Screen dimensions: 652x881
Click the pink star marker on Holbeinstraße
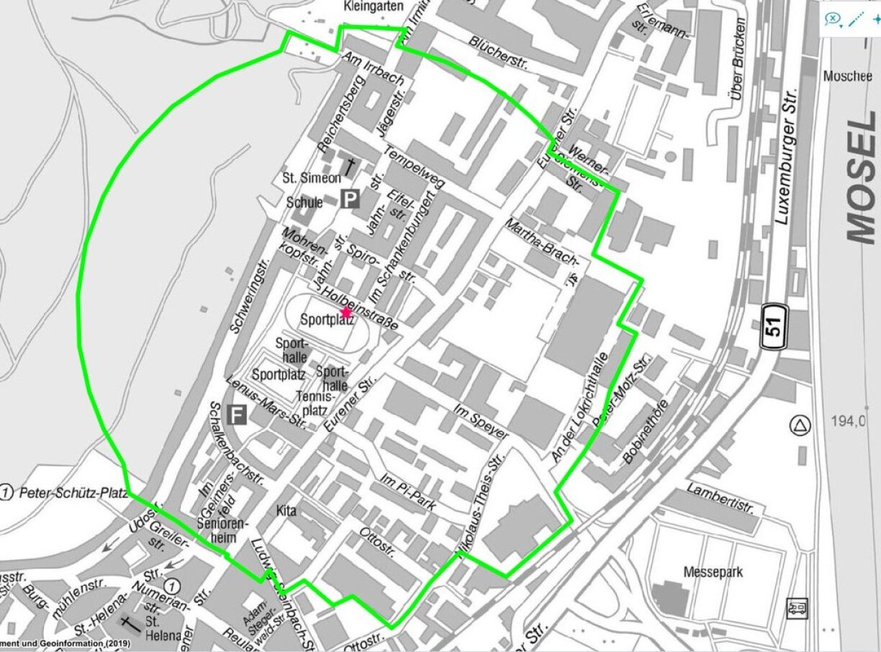pyautogui.click(x=345, y=312)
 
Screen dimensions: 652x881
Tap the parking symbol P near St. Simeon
pyautogui.click(x=350, y=198)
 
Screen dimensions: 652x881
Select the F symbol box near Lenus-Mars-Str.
pyautogui.click(x=235, y=415)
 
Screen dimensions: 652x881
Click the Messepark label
pyautogui.click(x=712, y=573)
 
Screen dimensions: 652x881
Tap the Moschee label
pyautogui.click(x=847, y=76)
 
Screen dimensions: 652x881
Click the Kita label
pyautogui.click(x=286, y=510)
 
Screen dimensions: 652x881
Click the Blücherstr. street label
pyautogui.click(x=498, y=54)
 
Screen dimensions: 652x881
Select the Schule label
pyautogui.click(x=304, y=202)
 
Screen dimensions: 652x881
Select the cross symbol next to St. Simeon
pyautogui.click(x=351, y=168)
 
